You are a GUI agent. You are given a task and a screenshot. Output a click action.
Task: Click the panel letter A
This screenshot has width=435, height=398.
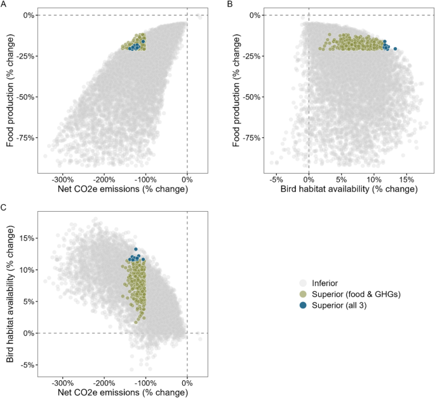tap(4, 4)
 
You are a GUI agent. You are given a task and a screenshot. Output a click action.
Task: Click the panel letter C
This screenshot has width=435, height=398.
tap(4, 207)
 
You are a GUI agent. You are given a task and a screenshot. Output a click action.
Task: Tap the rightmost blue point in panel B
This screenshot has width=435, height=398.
tap(395, 49)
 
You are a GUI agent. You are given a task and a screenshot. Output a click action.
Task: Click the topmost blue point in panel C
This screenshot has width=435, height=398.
tap(135, 249)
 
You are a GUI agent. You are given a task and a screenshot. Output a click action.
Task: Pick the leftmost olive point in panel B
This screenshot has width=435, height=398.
tap(320, 49)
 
